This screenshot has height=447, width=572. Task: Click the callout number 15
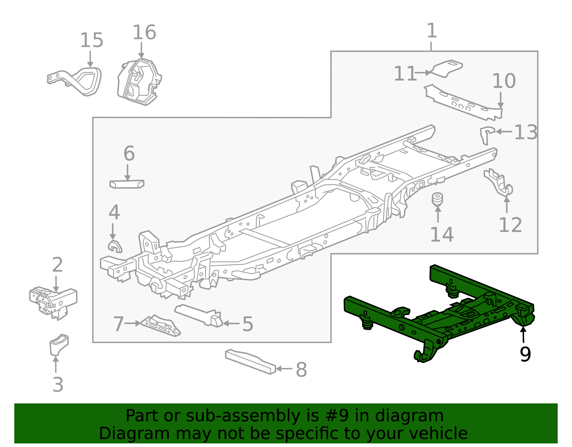pos(92,40)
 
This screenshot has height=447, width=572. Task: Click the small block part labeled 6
pos(127,184)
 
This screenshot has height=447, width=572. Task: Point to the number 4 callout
pos(114,213)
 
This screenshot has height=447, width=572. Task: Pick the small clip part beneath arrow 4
pos(115,246)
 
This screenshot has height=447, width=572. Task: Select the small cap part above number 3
pos(59,344)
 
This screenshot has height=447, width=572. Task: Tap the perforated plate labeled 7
pos(161,326)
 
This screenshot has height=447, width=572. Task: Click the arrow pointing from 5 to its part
pos(231,324)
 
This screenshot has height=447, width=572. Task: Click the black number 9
pos(525,354)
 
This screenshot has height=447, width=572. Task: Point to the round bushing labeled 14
pos(437,200)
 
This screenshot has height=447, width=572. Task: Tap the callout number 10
pos(504,81)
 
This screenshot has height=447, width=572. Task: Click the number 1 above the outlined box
pos(432,31)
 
